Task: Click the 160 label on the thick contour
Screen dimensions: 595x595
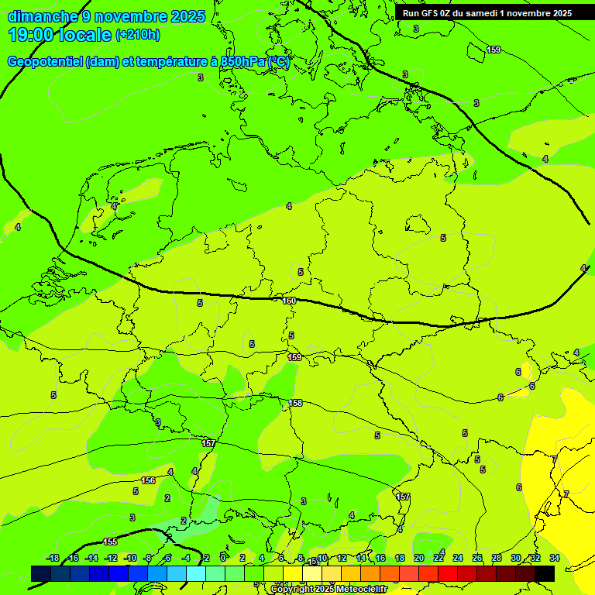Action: point(289,301)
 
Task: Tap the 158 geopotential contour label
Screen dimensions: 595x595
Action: point(295,403)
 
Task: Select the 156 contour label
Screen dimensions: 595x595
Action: point(149,480)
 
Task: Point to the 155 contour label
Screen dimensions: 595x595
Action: point(110,542)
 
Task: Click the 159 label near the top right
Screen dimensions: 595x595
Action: point(493,50)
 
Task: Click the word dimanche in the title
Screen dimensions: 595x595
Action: point(43,16)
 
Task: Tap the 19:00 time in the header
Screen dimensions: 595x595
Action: point(33,35)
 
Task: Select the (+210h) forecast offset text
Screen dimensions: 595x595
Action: point(137,35)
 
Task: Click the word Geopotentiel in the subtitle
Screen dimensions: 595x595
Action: point(45,62)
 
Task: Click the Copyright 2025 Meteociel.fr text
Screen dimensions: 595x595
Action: point(328,590)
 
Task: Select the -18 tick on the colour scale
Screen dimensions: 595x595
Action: point(53,558)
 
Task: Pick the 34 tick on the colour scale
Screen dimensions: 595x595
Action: point(555,558)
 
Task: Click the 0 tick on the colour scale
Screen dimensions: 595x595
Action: point(223,558)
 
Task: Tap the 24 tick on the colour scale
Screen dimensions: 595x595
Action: point(458,558)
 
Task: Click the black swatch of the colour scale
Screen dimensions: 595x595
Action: point(545,573)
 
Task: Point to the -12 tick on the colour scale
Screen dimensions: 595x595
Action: point(111,558)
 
